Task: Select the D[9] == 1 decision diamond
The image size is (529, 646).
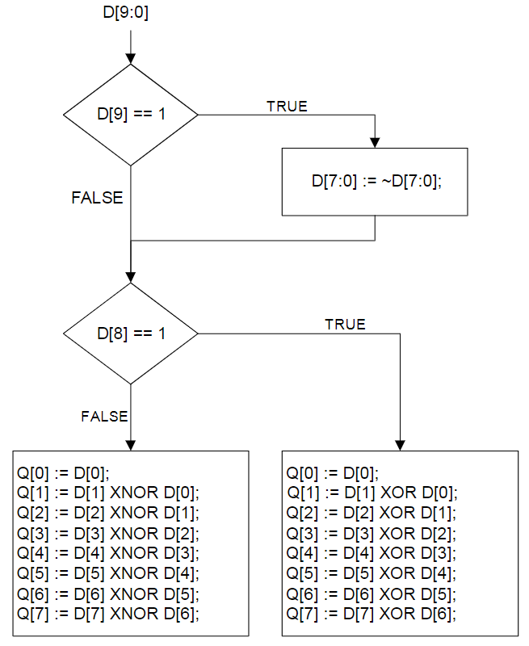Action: click(x=131, y=115)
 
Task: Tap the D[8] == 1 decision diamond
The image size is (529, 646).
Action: click(x=131, y=333)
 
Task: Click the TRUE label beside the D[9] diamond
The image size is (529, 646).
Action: click(x=287, y=106)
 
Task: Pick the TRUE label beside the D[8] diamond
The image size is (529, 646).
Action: click(x=345, y=324)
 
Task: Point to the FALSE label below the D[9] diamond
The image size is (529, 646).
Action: click(x=97, y=198)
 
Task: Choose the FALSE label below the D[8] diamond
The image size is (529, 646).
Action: click(x=104, y=417)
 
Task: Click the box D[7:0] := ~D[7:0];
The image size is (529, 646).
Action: click(x=374, y=182)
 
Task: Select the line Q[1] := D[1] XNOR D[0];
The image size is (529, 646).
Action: click(x=107, y=493)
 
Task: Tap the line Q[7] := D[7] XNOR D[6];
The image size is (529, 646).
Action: click(x=107, y=614)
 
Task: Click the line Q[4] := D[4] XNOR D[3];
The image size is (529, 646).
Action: click(x=107, y=553)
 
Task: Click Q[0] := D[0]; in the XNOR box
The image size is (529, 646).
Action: click(x=62, y=473)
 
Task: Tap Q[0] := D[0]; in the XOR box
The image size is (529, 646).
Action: click(x=332, y=473)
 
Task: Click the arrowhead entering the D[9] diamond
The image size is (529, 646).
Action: click(x=131, y=59)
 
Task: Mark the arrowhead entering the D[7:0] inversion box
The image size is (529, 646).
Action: click(x=375, y=142)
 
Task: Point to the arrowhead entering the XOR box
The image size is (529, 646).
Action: click(x=401, y=445)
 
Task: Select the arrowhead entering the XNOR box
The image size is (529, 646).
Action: click(x=131, y=445)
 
